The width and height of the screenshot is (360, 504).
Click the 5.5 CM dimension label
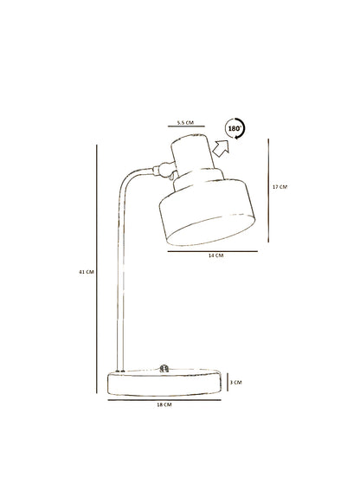click(x=185, y=122)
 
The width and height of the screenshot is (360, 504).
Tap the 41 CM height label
click(x=87, y=272)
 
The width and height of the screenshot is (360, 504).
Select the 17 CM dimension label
click(x=280, y=186)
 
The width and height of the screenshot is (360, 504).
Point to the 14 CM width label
click(x=215, y=255)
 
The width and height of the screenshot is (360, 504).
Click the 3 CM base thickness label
click(x=236, y=382)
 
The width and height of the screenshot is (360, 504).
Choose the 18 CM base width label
click(x=164, y=404)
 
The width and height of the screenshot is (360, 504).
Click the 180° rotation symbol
click(x=235, y=128)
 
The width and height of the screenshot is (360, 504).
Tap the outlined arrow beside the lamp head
click(x=222, y=148)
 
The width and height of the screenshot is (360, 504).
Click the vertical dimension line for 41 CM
click(x=96, y=269)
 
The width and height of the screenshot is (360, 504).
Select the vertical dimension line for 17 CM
click(x=268, y=191)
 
